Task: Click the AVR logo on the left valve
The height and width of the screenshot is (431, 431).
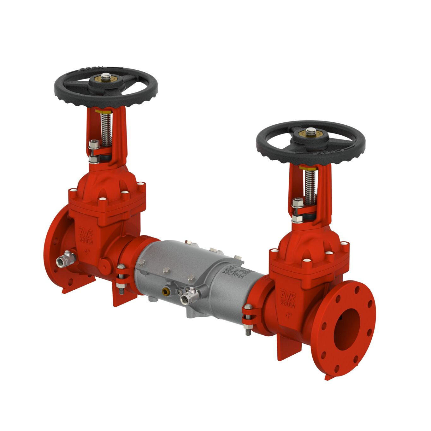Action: (x=84, y=230)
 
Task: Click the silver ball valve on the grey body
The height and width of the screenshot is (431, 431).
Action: (x=189, y=297)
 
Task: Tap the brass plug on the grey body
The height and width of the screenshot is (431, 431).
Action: (x=165, y=290)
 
